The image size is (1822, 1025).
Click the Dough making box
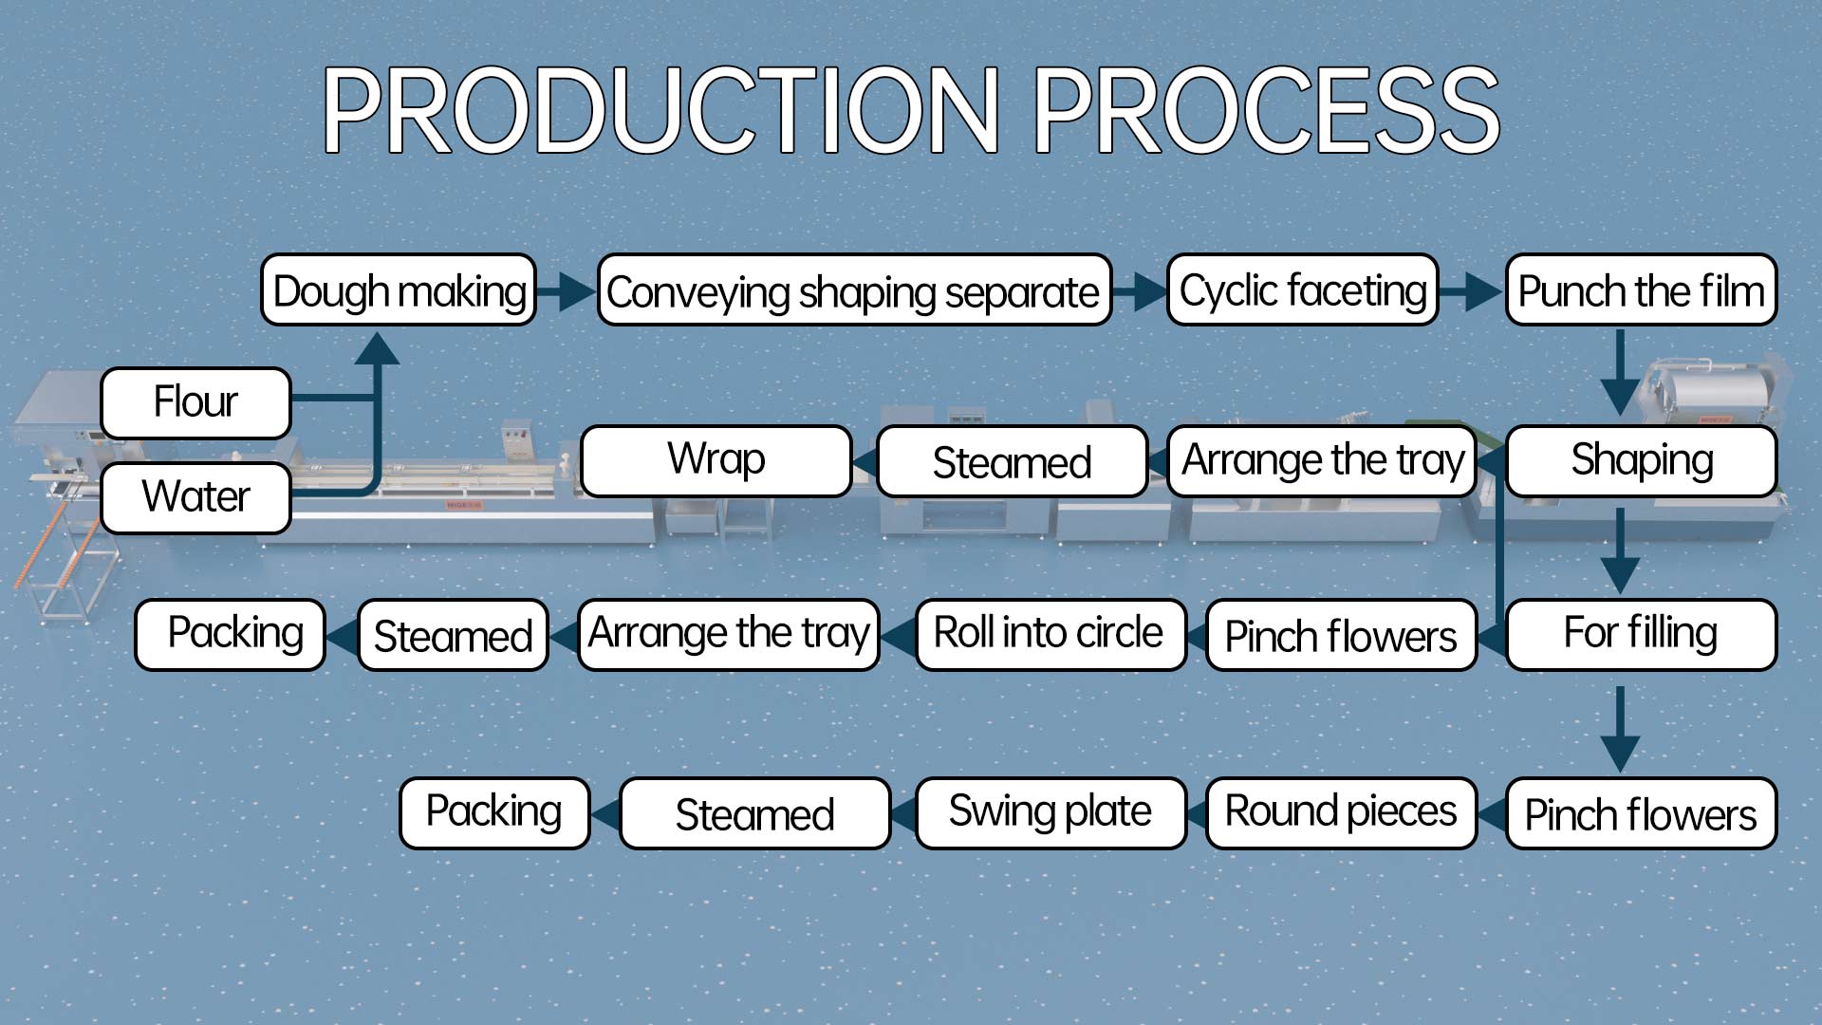click(399, 289)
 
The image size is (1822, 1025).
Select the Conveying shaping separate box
click(854, 289)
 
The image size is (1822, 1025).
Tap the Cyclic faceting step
click(1303, 289)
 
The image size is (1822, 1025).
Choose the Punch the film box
click(1641, 289)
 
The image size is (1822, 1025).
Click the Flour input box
click(195, 402)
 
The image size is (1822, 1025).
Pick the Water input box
click(195, 497)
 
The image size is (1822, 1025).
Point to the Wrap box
click(716, 461)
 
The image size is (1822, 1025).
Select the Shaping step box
click(1641, 461)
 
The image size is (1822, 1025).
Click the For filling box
click(1641, 634)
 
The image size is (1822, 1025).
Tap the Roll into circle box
click(1050, 634)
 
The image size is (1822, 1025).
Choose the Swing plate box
click(1050, 812)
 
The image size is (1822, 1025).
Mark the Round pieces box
click(1341, 812)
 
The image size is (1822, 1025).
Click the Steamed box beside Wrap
click(1013, 461)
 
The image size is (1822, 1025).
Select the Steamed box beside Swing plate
click(755, 812)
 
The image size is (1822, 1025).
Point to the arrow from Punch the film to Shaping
click(1620, 372)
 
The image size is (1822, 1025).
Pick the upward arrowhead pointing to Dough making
click(377, 348)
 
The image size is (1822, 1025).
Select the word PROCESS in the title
click(1266, 110)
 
